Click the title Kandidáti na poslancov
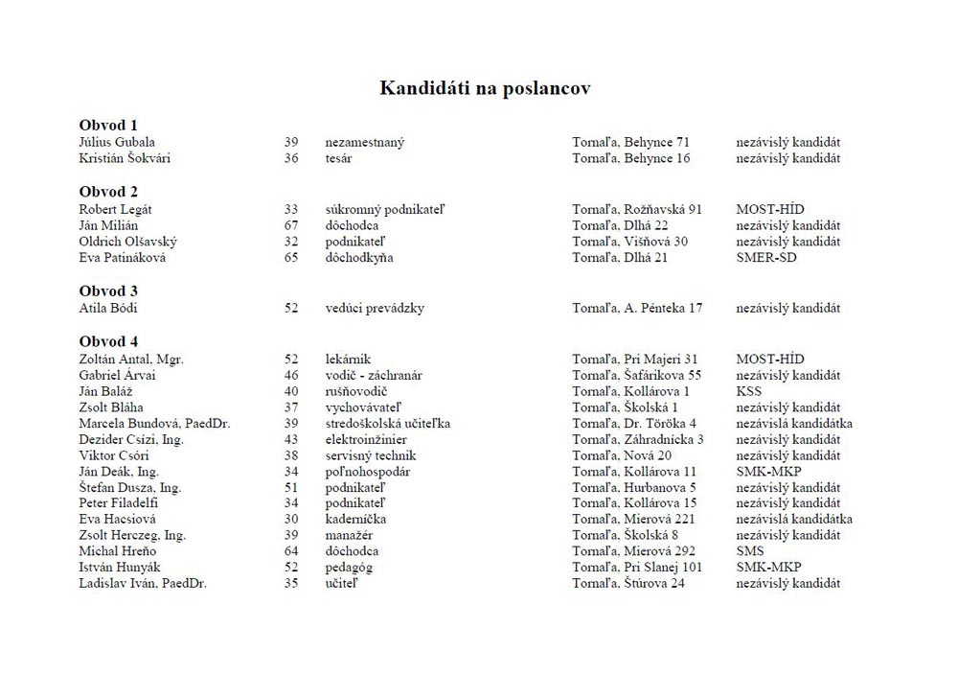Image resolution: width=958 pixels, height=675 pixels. pos(485,88)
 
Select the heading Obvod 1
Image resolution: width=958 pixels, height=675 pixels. pos(108,125)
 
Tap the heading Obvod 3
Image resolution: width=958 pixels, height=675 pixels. pos(108,291)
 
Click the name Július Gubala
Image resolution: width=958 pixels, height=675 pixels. pos(117,142)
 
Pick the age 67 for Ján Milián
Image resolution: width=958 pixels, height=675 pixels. pos(291,225)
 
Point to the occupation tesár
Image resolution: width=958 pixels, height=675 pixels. pos(338,158)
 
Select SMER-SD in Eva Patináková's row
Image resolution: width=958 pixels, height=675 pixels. pos(766,258)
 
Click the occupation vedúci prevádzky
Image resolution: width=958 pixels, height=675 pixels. pos(375,308)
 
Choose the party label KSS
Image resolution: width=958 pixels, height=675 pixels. pos(749,391)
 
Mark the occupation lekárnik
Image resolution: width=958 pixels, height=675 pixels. pos(348,359)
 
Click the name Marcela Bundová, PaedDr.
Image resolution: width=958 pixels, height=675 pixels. pos(154,423)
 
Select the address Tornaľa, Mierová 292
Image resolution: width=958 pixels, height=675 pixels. pos(634,551)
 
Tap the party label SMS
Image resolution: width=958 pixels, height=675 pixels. pos(750,551)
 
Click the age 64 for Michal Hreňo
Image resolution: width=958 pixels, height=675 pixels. pos(291,551)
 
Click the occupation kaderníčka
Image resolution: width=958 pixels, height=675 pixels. pos(355,519)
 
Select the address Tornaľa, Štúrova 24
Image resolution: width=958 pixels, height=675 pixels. pos(628,583)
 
